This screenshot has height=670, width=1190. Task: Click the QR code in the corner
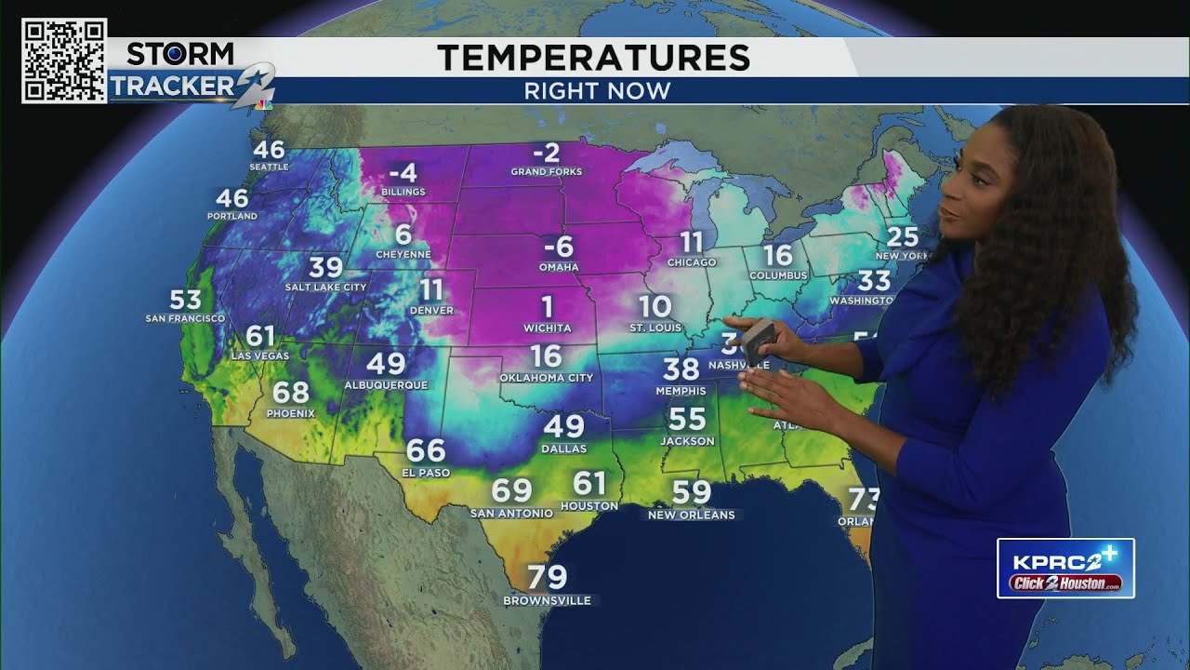pyautogui.click(x=63, y=60)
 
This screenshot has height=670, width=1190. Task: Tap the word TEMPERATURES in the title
pyautogui.click(x=593, y=58)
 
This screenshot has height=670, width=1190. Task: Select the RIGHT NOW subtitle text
pyautogui.click(x=597, y=91)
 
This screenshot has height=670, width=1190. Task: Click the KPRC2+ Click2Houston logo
pyautogui.click(x=1065, y=568)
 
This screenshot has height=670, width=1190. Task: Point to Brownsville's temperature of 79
pyautogui.click(x=547, y=578)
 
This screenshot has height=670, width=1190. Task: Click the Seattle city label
pyautogui.click(x=269, y=167)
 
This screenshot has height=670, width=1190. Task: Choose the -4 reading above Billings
pyautogui.click(x=402, y=173)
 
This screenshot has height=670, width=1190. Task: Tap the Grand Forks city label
pyautogui.click(x=546, y=172)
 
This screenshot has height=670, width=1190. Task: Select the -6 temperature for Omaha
pyautogui.click(x=559, y=248)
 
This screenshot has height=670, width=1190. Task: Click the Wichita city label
pyautogui.click(x=548, y=328)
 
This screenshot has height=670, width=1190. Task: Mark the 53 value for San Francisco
pyautogui.click(x=186, y=300)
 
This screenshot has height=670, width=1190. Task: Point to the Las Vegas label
pyautogui.click(x=260, y=356)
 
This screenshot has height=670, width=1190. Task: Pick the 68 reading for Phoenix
pyautogui.click(x=291, y=392)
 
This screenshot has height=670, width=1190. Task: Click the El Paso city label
pyautogui.click(x=426, y=473)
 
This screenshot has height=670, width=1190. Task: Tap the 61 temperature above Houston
pyautogui.click(x=589, y=484)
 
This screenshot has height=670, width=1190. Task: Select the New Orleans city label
pyautogui.click(x=691, y=515)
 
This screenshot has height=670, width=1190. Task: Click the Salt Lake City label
pyautogui.click(x=325, y=288)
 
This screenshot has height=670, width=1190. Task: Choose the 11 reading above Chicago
pyautogui.click(x=692, y=243)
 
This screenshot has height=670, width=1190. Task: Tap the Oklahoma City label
pyautogui.click(x=546, y=378)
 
